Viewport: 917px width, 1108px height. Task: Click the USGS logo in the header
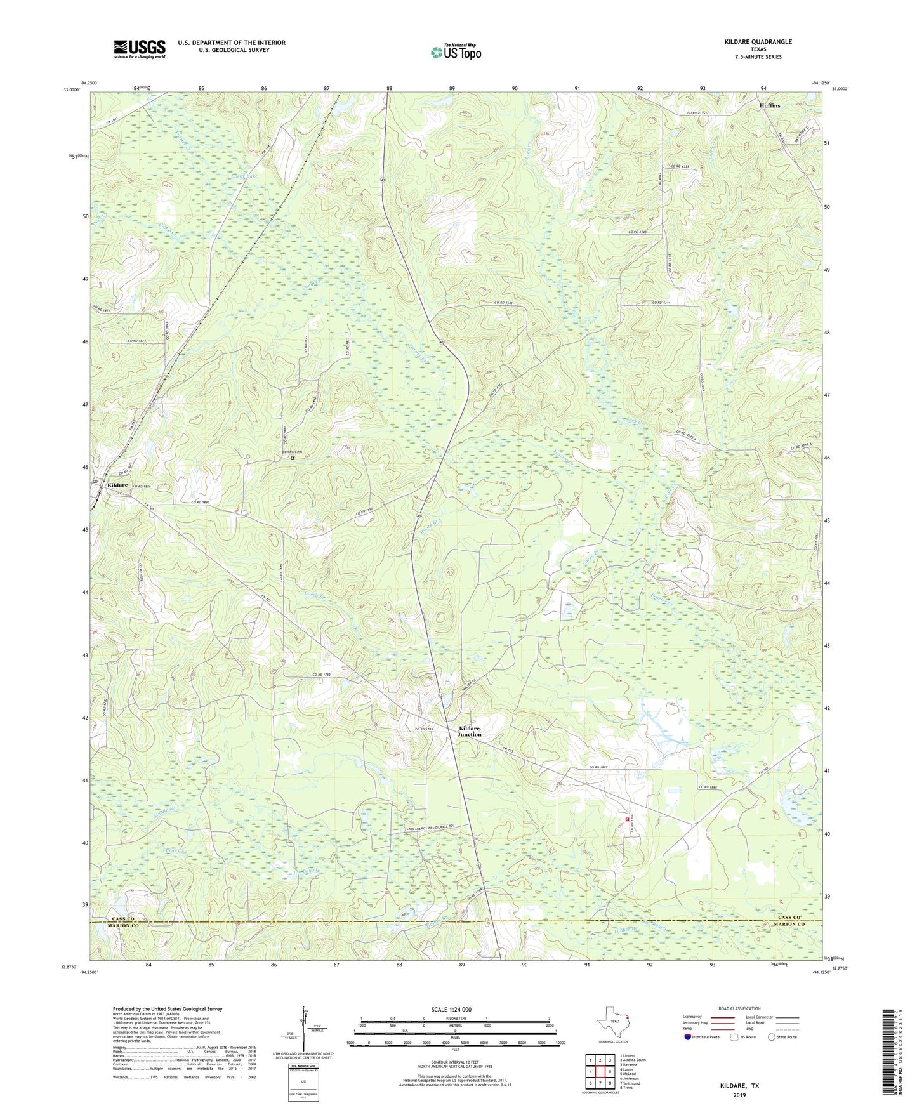click(140, 49)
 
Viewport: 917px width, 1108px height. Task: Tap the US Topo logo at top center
click(456, 52)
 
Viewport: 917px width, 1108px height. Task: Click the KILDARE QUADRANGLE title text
click(758, 41)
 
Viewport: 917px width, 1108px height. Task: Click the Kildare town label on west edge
click(117, 485)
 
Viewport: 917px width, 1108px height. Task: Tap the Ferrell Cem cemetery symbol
click(293, 458)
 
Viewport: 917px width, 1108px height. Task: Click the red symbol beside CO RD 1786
click(627, 819)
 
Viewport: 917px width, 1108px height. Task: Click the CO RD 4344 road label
click(661, 303)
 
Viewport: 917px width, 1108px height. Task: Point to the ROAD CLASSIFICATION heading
click(739, 1008)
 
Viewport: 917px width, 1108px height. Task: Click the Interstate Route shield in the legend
click(689, 1037)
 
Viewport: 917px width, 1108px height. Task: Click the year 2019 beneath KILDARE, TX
click(739, 1095)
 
